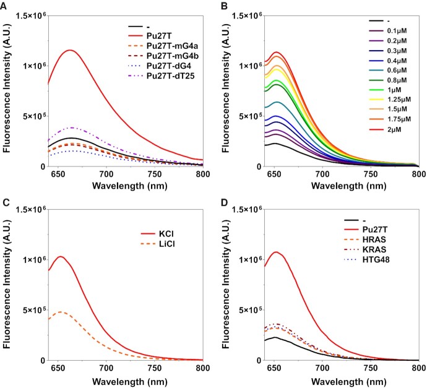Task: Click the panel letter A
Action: pos(5,6)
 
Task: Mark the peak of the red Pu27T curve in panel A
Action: pos(71,50)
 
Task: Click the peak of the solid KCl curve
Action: pos(61,256)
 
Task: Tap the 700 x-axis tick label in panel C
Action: pos(106,369)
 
